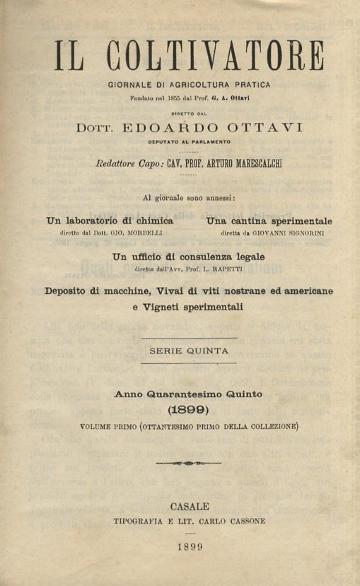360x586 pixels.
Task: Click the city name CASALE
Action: [x=190, y=506]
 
